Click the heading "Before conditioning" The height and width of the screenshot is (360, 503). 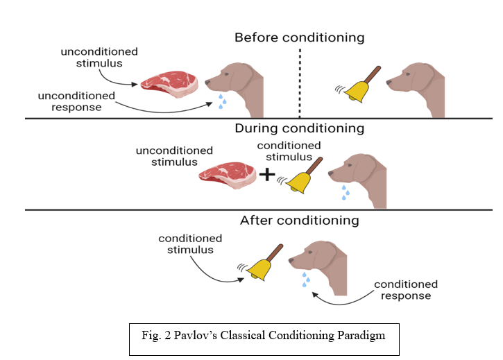pyautogui.click(x=299, y=37)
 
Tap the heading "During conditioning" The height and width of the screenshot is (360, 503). pyautogui.click(x=299, y=128)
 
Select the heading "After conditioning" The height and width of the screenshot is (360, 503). pyautogui.click(x=299, y=221)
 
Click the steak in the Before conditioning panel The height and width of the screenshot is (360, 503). pyautogui.click(x=169, y=81)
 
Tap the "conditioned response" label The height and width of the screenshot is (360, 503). pyautogui.click(x=406, y=290)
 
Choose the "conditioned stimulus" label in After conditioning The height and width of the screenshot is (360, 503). pyautogui.click(x=190, y=244)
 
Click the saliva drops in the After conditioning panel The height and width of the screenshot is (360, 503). pyautogui.click(x=304, y=280)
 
